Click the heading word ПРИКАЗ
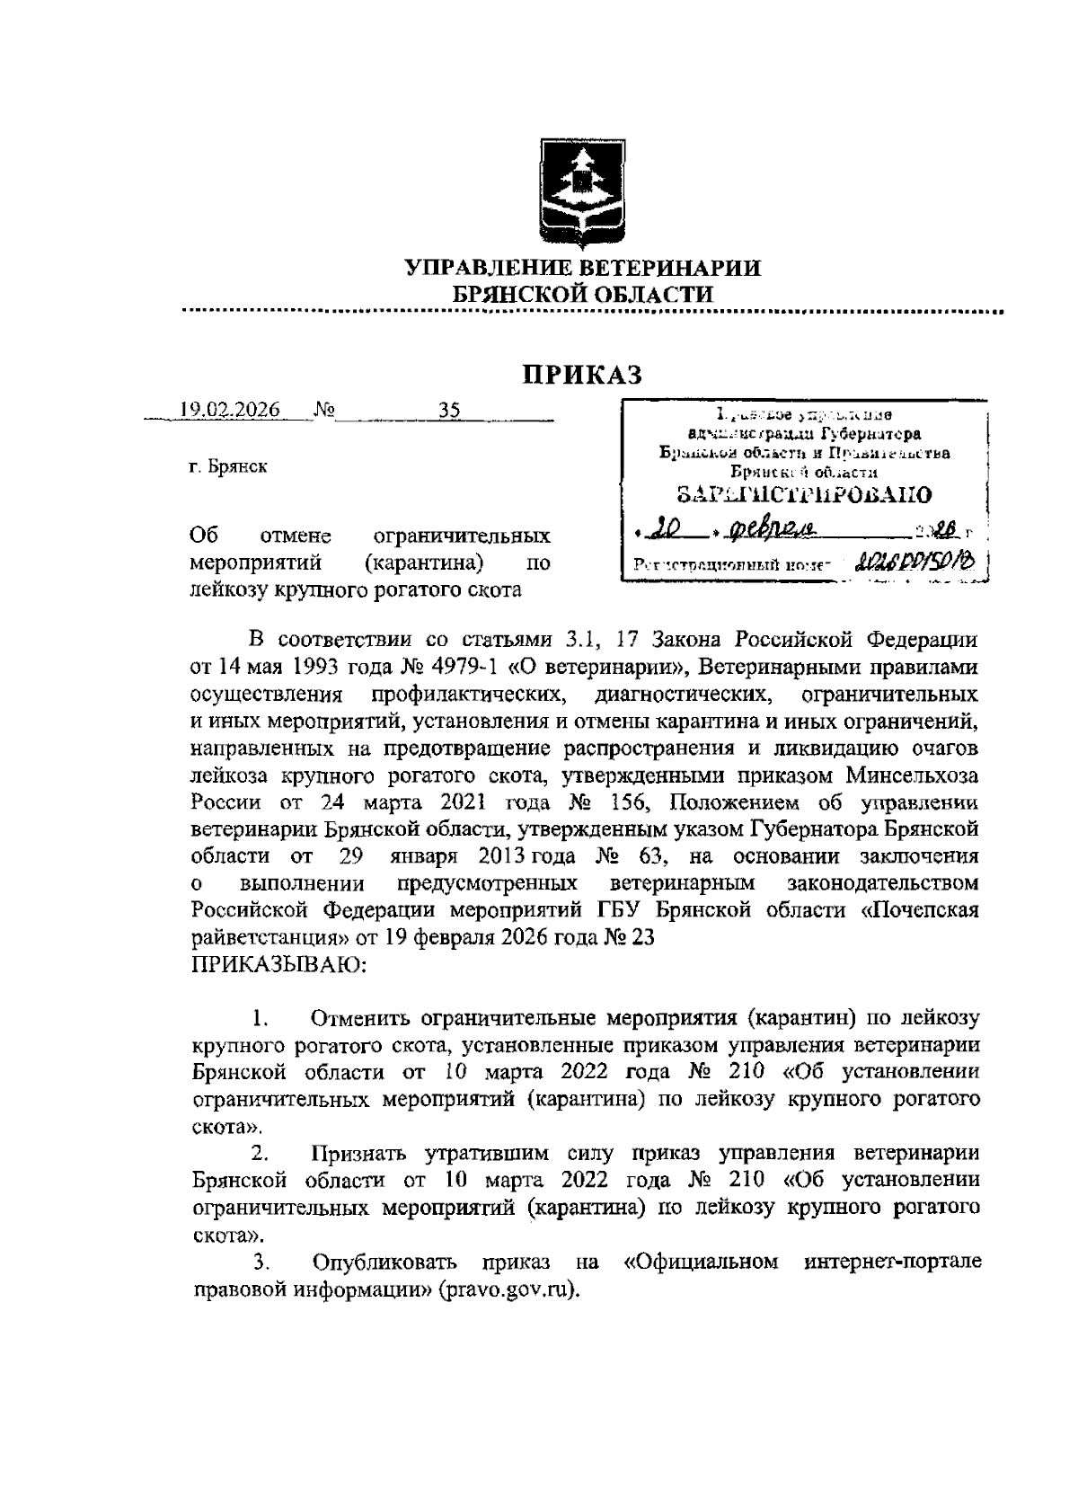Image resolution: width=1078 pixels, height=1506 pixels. [583, 374]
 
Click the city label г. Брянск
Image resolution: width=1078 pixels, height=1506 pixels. [228, 467]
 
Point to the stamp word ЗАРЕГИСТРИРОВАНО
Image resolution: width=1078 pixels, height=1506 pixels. [803, 493]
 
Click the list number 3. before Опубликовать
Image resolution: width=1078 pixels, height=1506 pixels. [261, 1262]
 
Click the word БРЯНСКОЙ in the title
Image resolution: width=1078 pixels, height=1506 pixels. [517, 294]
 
